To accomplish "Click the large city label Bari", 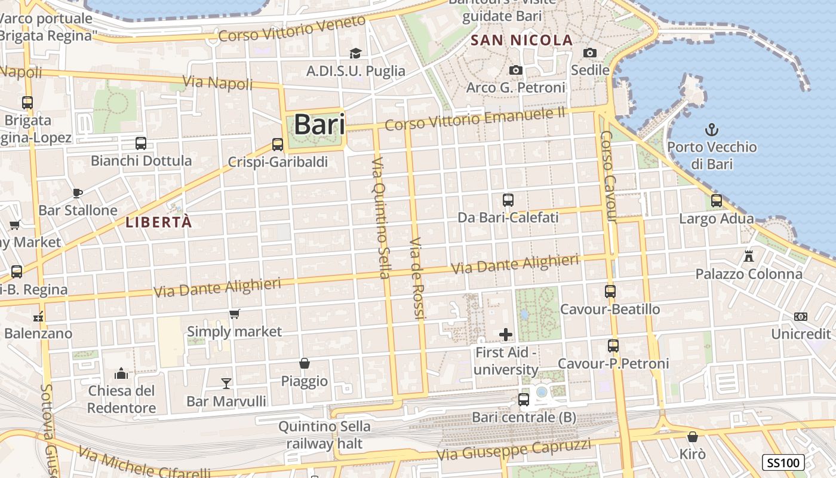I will tap(319, 125).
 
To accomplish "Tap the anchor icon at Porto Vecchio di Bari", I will tap(712, 130).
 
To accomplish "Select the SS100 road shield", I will tap(783, 462).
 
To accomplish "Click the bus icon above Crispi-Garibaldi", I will tap(278, 144).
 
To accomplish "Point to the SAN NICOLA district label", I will tap(522, 41).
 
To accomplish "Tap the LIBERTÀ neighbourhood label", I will tap(159, 222).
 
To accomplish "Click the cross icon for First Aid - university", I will tap(506, 335).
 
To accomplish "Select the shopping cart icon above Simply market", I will tap(235, 314).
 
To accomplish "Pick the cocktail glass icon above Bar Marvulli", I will tap(226, 383).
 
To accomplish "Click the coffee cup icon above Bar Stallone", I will tap(77, 192).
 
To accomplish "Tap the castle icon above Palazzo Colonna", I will tap(749, 256).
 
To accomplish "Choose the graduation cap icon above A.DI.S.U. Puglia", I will tap(356, 53).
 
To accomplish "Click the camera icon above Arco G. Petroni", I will tap(516, 71).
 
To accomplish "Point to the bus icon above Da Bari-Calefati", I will tap(508, 200).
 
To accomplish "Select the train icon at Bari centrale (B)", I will tap(524, 399).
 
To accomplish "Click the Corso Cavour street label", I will tap(608, 177).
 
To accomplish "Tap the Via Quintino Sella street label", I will tap(380, 218).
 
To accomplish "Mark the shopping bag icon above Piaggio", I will tap(305, 363).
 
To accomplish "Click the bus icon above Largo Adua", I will tap(717, 201).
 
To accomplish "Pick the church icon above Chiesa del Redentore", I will tap(122, 373).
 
